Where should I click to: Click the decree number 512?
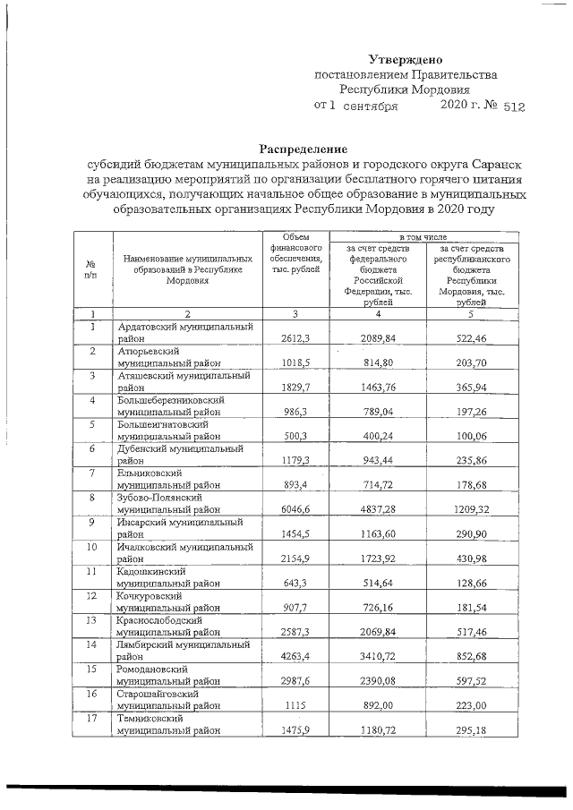514,107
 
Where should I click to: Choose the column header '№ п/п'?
90,269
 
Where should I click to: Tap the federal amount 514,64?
379,584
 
